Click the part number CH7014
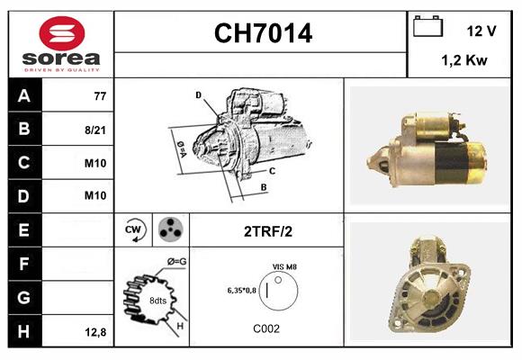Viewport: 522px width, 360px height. coord(263,34)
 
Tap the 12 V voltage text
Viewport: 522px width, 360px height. coord(481,31)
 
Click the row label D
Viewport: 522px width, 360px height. coord(23,195)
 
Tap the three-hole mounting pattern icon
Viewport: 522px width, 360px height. coord(169,229)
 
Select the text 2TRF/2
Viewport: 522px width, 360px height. coord(267,230)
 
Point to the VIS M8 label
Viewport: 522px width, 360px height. coord(285,267)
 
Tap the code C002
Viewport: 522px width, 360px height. coord(267,328)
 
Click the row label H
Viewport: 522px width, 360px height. coord(23,332)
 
